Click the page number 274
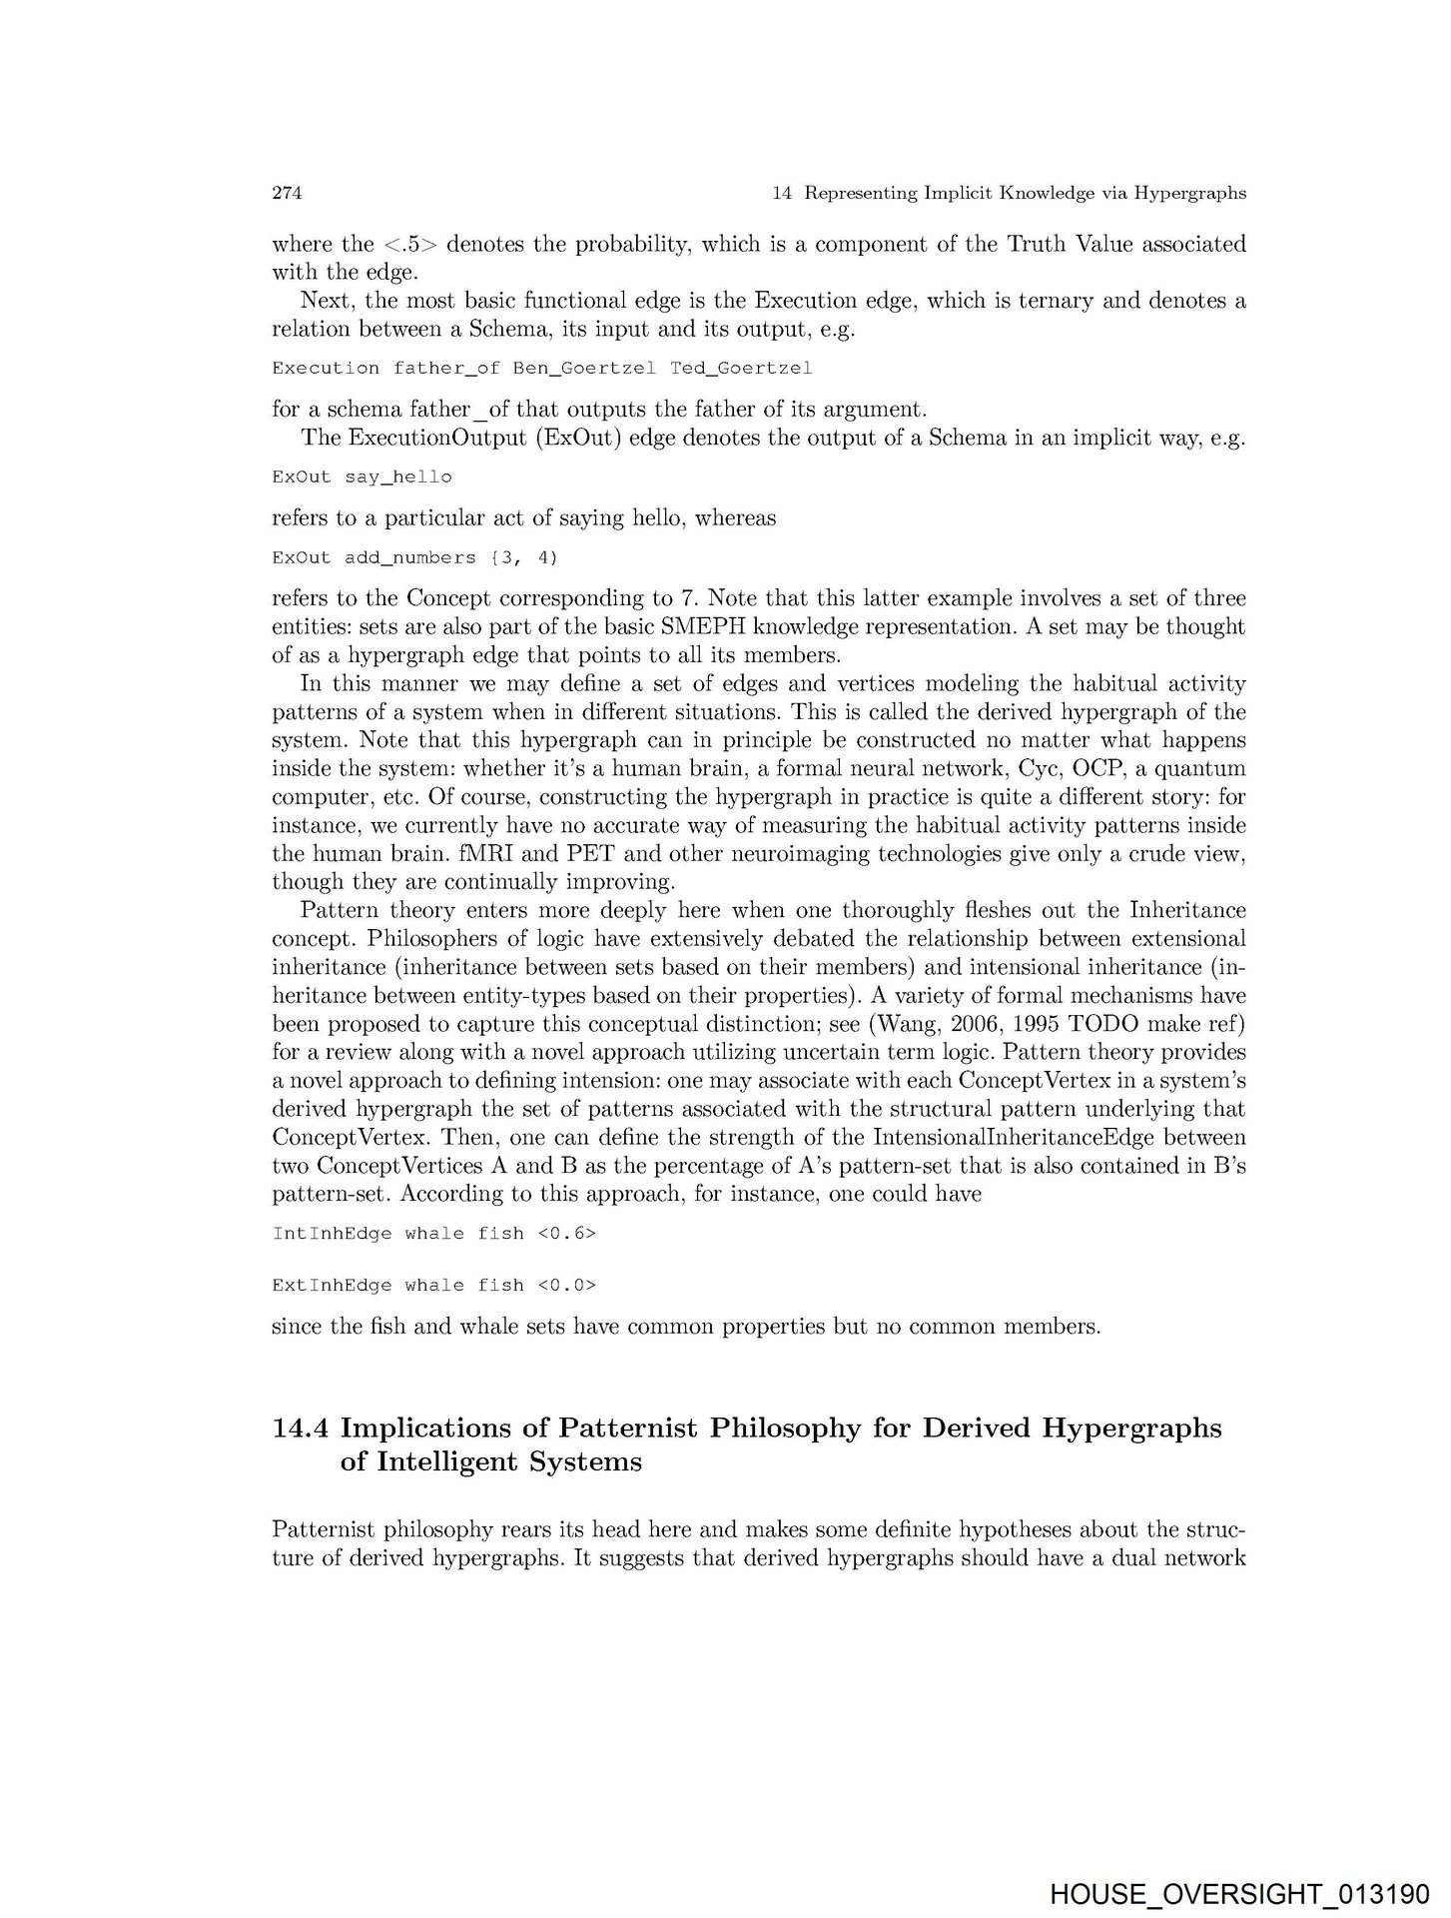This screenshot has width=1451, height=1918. [x=287, y=194]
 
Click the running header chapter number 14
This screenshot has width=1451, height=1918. [x=783, y=194]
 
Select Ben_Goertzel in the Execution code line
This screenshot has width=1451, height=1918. [x=583, y=368]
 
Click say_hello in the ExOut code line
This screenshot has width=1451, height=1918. [x=397, y=478]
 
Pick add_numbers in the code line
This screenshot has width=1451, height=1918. [x=409, y=557]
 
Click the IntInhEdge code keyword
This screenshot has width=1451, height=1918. [x=332, y=1234]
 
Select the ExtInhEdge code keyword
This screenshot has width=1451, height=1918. [x=332, y=1286]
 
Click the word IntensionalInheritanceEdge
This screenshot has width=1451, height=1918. [x=1015, y=1138]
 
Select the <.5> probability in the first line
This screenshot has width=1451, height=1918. [x=404, y=245]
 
